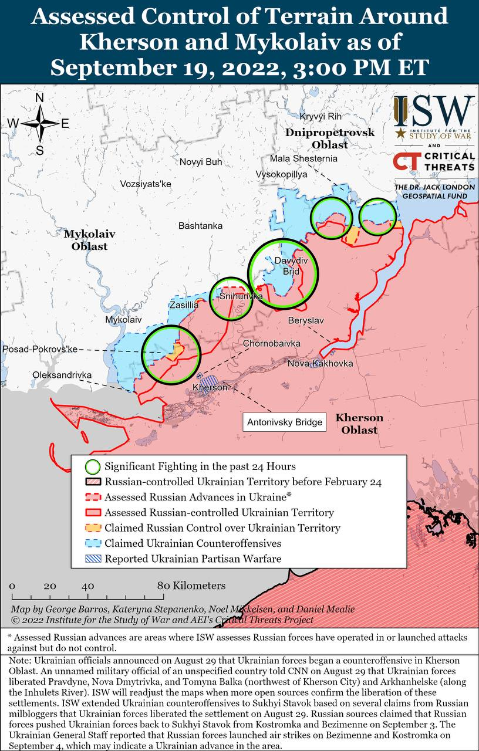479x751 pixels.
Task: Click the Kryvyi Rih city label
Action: coord(320,117)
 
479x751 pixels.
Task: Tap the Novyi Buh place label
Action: coord(201,162)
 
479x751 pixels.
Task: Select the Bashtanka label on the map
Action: coord(200,225)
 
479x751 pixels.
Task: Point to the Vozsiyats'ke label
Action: coord(145,184)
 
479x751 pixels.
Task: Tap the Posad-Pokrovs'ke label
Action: coord(40,349)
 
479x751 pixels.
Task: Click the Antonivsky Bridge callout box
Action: coord(285,422)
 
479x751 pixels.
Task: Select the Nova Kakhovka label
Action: coord(320,364)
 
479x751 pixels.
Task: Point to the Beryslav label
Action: coord(306,320)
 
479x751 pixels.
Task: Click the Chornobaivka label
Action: coord(272,343)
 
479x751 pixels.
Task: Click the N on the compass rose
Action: coord(40,98)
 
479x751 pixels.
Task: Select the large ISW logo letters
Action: coord(434,110)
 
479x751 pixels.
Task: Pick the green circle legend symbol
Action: coord(92,467)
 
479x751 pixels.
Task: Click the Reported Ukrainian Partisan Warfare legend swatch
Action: coord(92,559)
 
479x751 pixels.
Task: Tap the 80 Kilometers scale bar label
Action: coord(191,586)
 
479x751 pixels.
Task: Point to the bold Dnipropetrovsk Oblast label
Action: coord(329,138)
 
